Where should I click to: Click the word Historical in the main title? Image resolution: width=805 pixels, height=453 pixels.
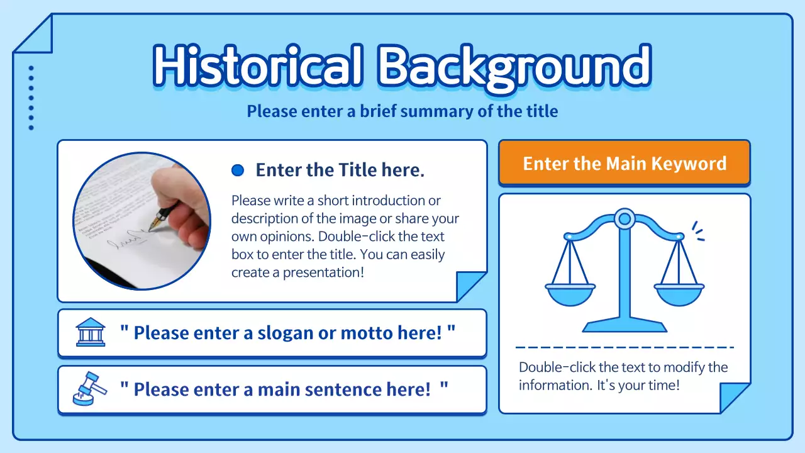[x=258, y=65]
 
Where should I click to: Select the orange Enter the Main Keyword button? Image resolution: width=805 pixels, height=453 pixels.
[x=624, y=164]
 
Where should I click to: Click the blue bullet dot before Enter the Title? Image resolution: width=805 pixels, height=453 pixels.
[x=238, y=170]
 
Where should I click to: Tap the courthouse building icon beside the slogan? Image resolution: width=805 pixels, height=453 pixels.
[x=91, y=332]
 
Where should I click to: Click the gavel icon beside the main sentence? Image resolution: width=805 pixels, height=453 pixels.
[x=89, y=389]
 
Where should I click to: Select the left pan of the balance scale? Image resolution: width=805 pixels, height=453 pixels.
[x=570, y=293]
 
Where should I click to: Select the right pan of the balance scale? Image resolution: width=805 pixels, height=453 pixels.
[x=679, y=293]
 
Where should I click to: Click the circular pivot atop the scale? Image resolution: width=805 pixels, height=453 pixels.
[x=625, y=219]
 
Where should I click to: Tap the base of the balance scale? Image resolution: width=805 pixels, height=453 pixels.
[x=625, y=326]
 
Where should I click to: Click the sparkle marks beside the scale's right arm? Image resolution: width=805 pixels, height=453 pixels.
[x=698, y=231]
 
